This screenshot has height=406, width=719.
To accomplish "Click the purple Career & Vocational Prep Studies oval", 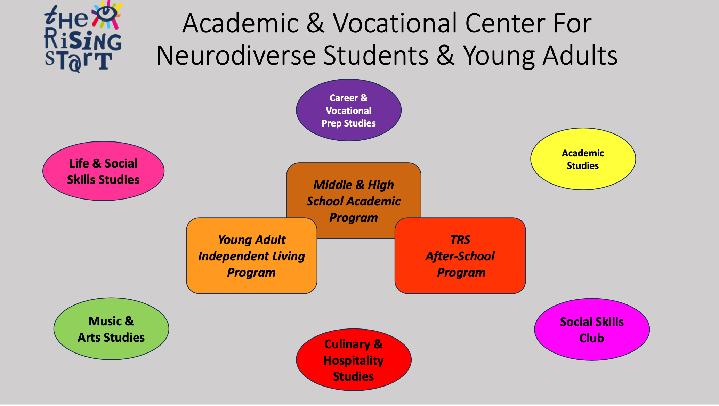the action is coord(348,110).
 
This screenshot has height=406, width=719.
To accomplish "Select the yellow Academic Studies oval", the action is coord(583,159).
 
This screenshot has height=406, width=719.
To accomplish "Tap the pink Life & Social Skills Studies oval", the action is coord(103,171).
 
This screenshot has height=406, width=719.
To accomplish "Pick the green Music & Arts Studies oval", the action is coord(111,329).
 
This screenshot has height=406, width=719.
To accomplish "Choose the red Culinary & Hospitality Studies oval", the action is coord(354,360).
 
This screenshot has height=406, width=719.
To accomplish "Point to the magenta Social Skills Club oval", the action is coord(592,330).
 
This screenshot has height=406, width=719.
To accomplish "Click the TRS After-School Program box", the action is coord(460,255).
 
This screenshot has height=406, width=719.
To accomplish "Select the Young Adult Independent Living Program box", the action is coord(251,255).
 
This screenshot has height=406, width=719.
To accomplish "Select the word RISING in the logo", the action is coord(83,40).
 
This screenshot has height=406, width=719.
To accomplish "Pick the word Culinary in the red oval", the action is coord(347,344).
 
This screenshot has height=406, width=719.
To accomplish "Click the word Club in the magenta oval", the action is coord(591,338).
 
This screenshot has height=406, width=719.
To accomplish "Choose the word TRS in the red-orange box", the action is coord(460,240).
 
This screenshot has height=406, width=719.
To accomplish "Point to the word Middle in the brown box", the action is coord(333,185).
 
